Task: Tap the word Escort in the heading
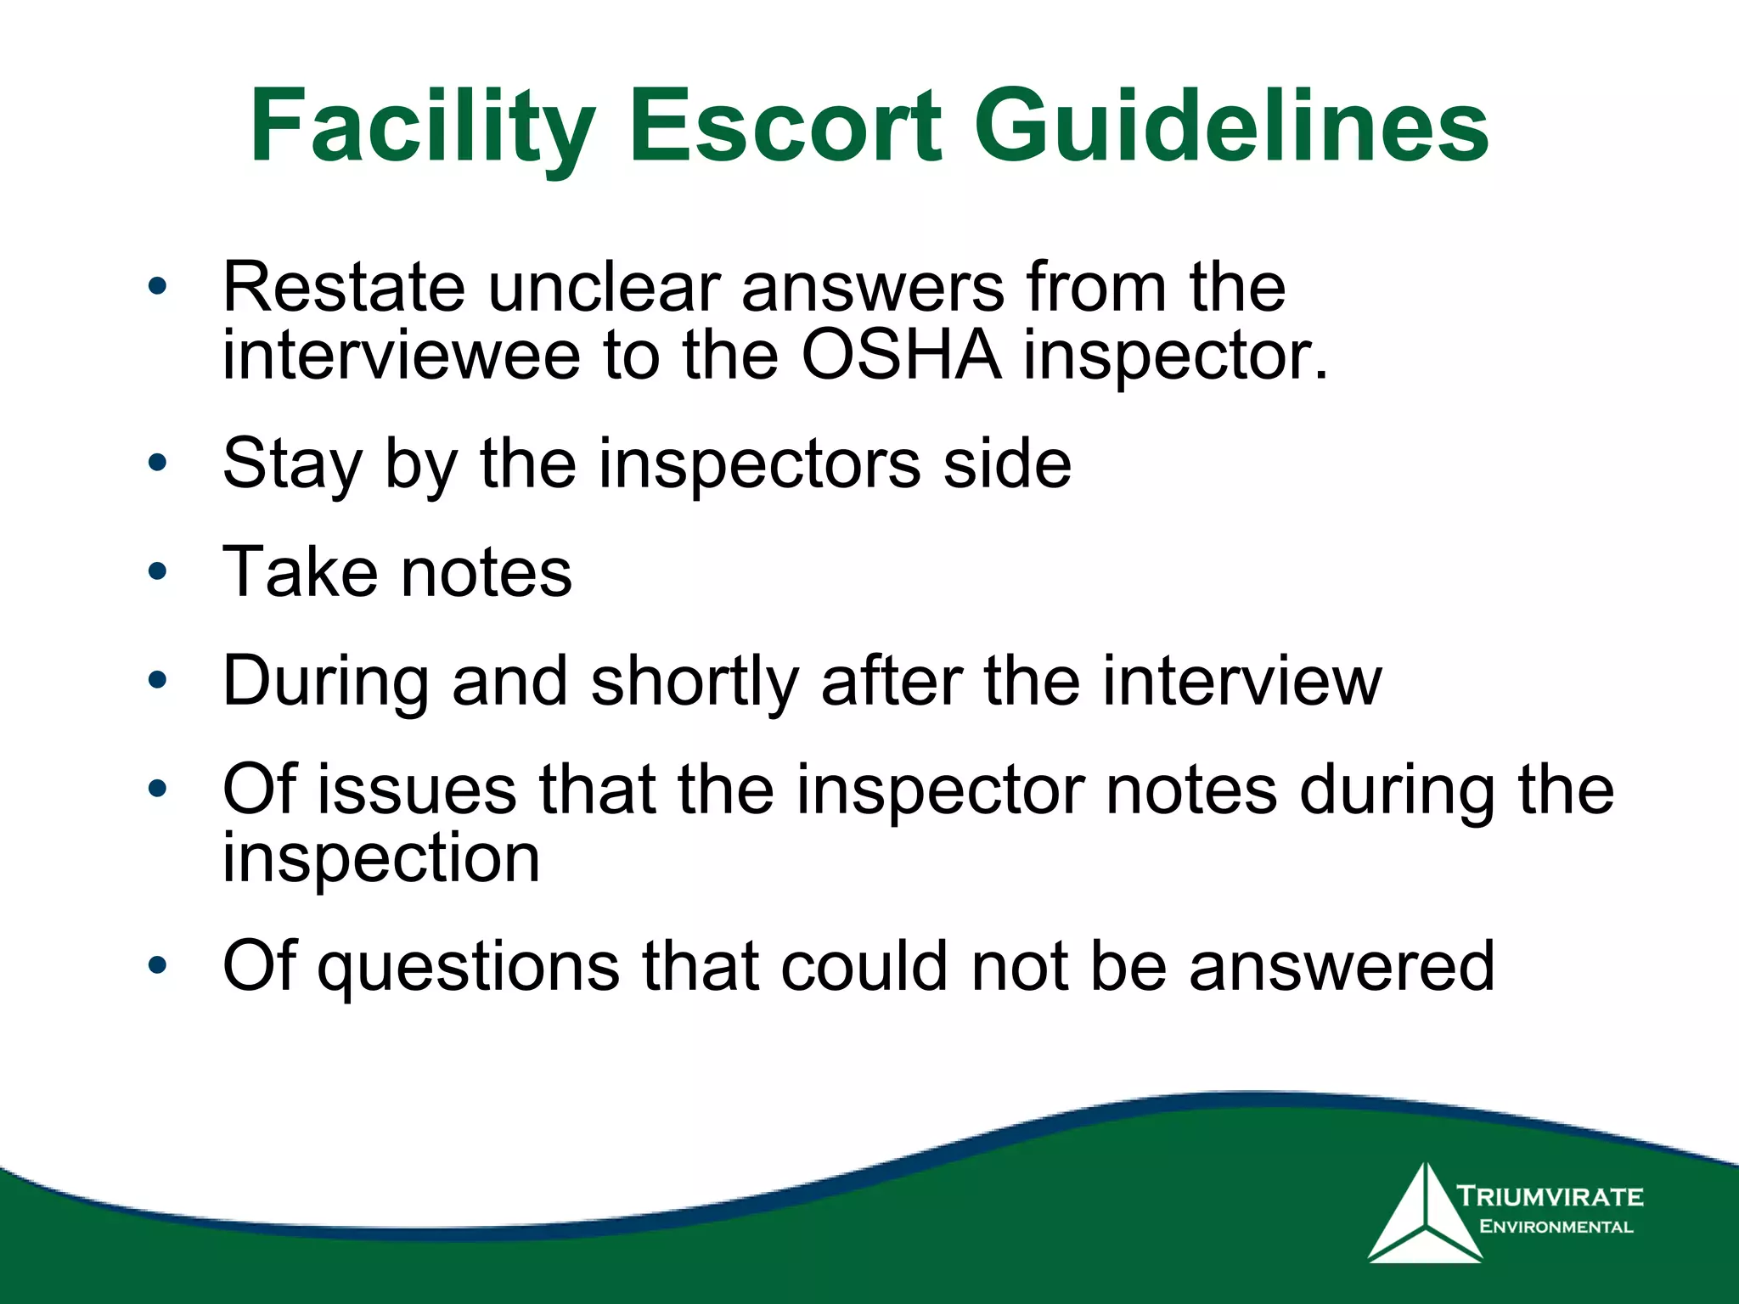tap(785, 127)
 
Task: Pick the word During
tap(326, 681)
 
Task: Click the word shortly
tap(695, 681)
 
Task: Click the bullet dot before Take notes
tap(157, 571)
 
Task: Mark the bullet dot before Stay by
tap(157, 464)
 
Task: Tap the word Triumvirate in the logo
tap(1550, 1197)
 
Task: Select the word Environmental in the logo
tap(1556, 1227)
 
